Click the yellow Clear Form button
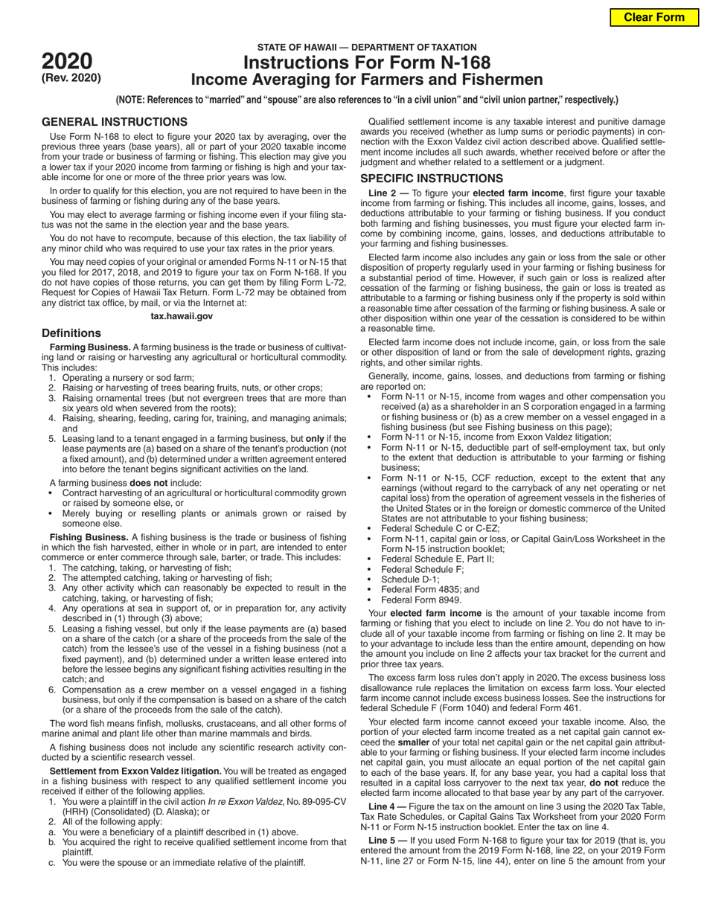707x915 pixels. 653,17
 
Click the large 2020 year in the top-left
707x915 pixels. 67,61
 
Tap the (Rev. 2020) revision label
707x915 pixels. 71,77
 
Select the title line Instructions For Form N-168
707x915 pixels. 367,63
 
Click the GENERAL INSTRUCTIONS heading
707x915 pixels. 114,122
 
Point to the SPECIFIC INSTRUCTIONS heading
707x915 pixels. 432,179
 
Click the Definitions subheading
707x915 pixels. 71,333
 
